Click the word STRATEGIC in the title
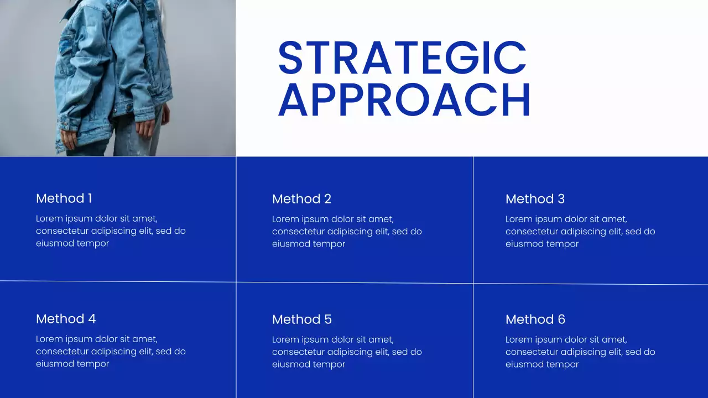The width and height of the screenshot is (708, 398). point(402,57)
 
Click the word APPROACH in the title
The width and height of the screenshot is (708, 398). point(404,99)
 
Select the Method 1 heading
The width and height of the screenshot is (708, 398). point(64,198)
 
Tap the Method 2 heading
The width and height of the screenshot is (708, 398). point(301,199)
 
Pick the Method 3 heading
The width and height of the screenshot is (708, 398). point(535,199)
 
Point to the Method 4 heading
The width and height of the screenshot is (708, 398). point(66,319)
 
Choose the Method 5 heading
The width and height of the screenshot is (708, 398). point(301,320)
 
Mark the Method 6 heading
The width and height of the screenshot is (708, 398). point(535,320)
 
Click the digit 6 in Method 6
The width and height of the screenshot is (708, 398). point(561,320)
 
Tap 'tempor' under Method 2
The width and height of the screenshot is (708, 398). point(330,244)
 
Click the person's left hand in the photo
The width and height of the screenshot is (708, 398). point(146,129)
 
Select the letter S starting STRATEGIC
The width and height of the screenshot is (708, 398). point(290,57)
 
